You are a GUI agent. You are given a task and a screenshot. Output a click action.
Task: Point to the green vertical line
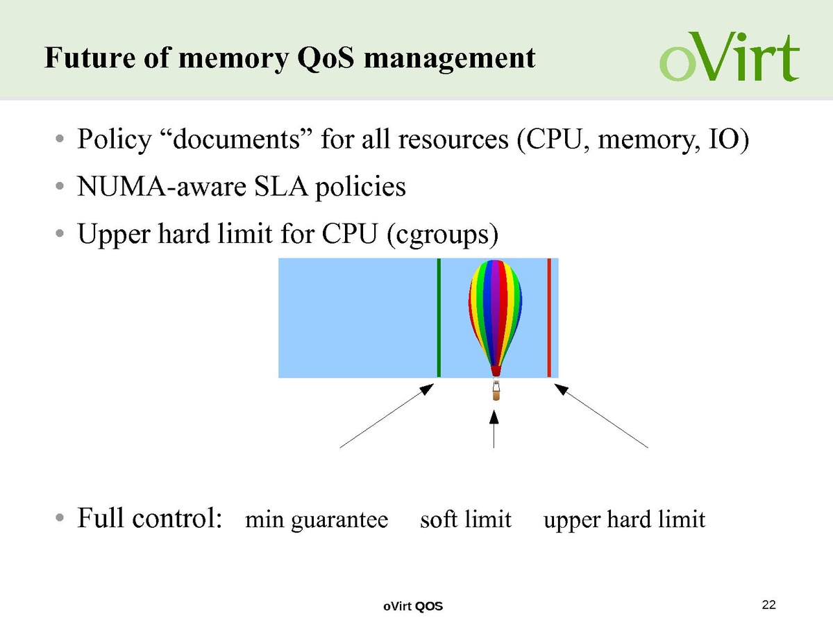click(x=439, y=317)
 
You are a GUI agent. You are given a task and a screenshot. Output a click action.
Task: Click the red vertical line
click(x=548, y=317)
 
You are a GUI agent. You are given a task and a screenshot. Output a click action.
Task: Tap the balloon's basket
click(x=495, y=393)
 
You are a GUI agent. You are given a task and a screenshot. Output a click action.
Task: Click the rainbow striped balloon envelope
click(x=495, y=309)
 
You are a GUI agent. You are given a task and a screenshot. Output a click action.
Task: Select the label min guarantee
click(x=317, y=519)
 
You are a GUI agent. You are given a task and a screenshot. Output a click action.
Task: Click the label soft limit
click(x=466, y=519)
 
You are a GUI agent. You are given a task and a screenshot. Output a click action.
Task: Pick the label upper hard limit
click(x=624, y=519)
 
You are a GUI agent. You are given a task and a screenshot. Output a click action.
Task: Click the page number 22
click(x=768, y=605)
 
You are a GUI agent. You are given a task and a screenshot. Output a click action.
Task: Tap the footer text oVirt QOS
click(x=413, y=607)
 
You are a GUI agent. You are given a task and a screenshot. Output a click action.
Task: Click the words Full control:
click(x=149, y=517)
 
